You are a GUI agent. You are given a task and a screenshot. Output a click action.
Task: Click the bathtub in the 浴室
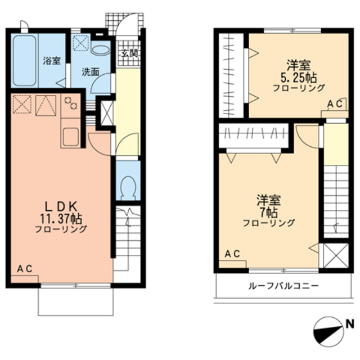tap(25, 61)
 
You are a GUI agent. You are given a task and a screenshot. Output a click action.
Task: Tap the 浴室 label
tap(52, 61)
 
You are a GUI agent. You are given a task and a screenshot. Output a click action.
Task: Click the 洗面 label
tap(91, 73)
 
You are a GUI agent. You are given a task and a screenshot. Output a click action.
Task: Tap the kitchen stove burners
tap(71, 103)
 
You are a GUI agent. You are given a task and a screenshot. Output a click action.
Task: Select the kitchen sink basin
tap(70, 137)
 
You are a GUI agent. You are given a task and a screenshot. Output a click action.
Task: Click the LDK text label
tap(61, 207)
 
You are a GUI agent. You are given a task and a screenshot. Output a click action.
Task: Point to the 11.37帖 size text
tap(61, 218)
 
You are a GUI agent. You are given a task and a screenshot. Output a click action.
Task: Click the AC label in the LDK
tap(25, 269)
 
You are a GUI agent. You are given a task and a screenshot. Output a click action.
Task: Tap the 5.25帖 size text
tap(299, 78)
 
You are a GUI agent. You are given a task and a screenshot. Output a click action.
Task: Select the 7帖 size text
tap(268, 213)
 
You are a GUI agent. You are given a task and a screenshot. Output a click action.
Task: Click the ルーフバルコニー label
tap(283, 286)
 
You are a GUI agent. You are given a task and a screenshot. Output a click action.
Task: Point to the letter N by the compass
tap(350, 325)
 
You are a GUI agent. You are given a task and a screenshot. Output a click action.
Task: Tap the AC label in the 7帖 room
tap(232, 254)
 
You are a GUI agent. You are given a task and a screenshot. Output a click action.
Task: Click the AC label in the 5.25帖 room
tap(335, 104)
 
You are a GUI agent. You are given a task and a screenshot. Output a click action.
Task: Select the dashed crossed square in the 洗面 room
tap(81, 43)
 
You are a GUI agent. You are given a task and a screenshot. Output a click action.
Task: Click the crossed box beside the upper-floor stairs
tap(336, 256)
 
